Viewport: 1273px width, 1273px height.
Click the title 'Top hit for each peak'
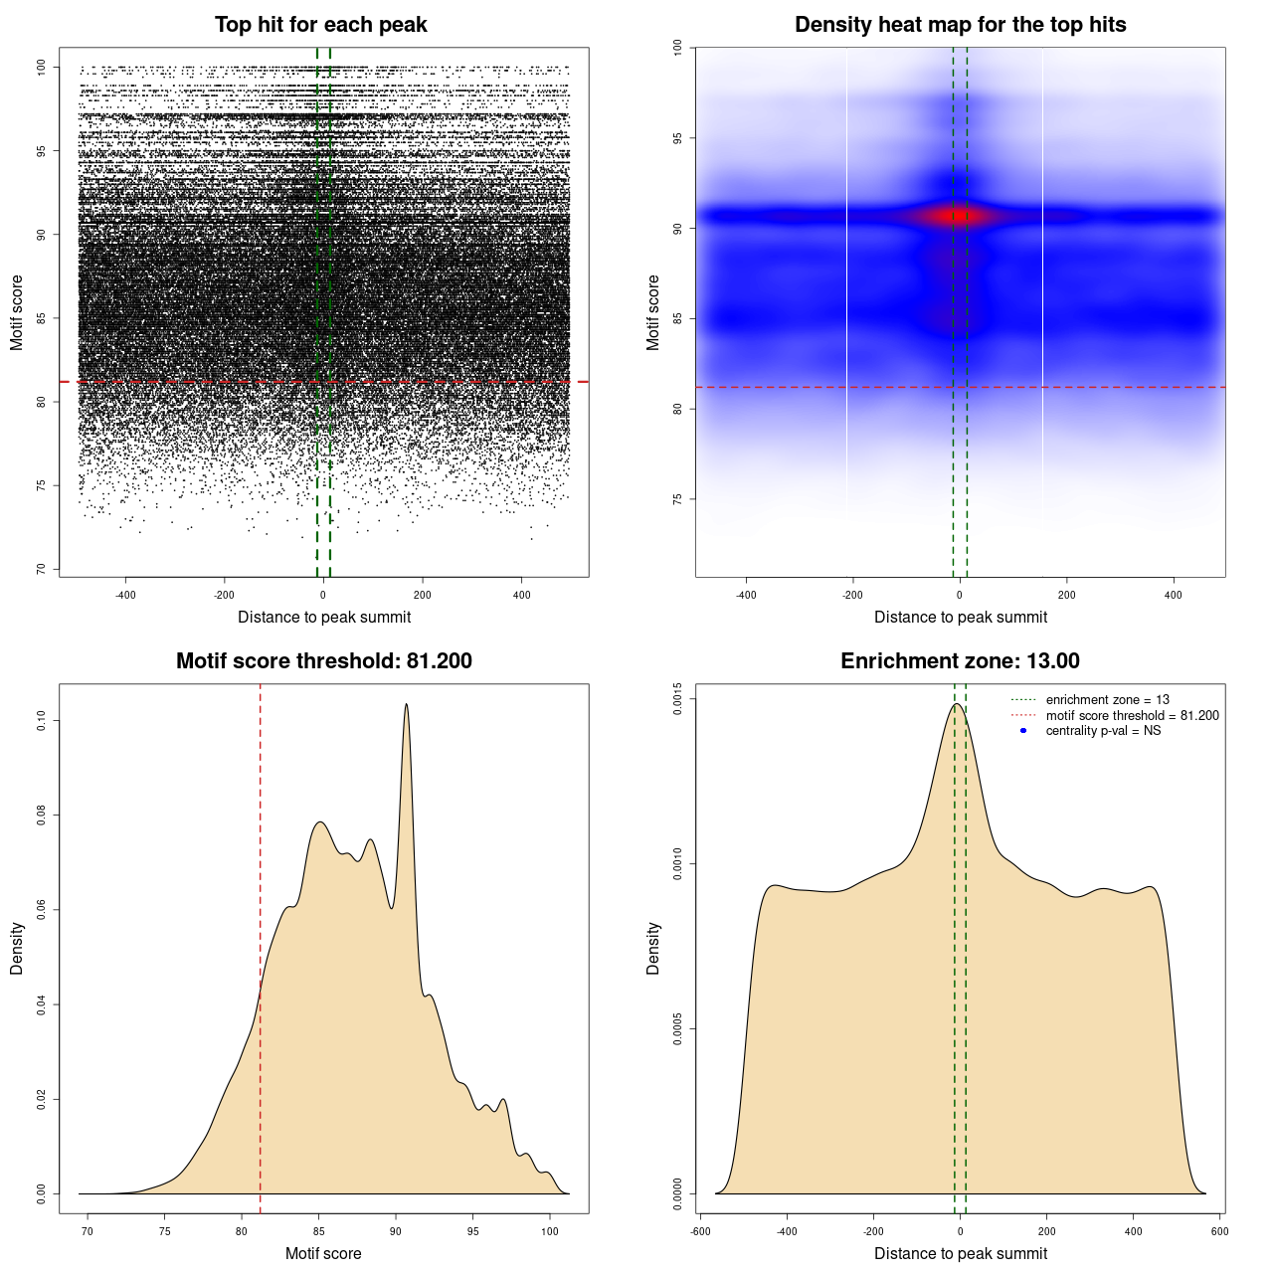[321, 25]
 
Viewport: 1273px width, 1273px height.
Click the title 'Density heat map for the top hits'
[960, 25]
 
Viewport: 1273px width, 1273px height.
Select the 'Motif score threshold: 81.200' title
[323, 661]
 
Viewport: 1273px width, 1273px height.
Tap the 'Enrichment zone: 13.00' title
[960, 661]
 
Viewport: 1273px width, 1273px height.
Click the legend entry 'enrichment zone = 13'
[1107, 700]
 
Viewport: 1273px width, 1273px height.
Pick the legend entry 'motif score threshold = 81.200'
[1132, 716]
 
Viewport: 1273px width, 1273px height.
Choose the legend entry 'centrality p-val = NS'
[1103, 731]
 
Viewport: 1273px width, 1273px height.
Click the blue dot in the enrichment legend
[1023, 731]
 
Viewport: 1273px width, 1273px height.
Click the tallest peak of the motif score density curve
[406, 704]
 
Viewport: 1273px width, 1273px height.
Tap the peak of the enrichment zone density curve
[957, 704]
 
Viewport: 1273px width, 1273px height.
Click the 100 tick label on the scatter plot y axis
[41, 67]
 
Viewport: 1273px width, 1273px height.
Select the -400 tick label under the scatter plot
[125, 596]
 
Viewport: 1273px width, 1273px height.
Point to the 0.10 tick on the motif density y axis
[41, 720]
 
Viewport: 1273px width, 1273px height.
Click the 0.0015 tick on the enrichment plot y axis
[677, 699]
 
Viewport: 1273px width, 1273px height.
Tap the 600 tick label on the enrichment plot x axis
[1219, 1231]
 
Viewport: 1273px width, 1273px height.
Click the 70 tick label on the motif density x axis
[88, 1231]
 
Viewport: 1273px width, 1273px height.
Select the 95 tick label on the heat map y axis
[677, 138]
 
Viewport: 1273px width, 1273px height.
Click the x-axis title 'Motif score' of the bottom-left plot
[323, 1253]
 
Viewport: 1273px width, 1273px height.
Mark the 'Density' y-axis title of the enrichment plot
[653, 948]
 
